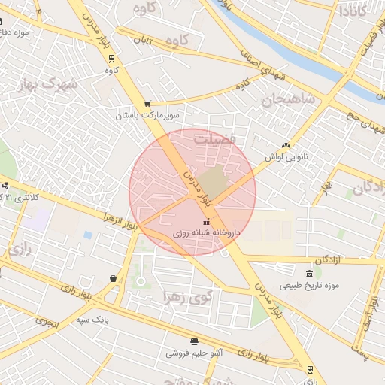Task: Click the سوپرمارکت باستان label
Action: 148,116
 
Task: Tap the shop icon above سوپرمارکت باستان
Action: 147,105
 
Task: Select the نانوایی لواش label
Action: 286,157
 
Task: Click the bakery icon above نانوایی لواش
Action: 285,146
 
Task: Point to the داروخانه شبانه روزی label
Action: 206,233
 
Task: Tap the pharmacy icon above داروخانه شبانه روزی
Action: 207,222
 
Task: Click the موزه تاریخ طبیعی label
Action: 311,285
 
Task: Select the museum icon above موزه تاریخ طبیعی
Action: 310,273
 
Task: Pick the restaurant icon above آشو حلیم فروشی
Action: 195,341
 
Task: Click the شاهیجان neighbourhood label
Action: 284,99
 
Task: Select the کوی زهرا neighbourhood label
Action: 188,296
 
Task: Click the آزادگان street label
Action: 328,259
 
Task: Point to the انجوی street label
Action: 46,321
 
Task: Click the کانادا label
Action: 353,11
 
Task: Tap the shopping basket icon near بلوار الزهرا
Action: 113,278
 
